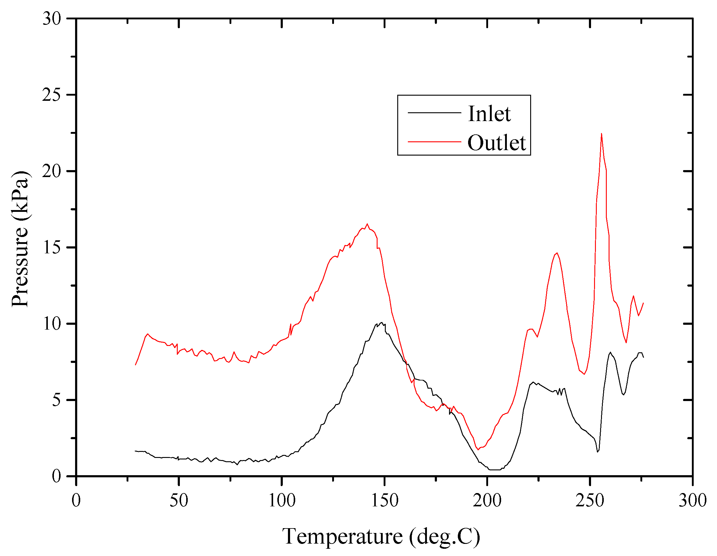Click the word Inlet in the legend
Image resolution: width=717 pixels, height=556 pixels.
(x=489, y=114)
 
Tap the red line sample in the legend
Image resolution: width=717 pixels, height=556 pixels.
(x=434, y=142)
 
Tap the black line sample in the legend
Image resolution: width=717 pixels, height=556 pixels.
(x=434, y=113)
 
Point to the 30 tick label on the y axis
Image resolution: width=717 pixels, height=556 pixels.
(x=52, y=19)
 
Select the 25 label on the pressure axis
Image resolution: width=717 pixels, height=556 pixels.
(x=52, y=95)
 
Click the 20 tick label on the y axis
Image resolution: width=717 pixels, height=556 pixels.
(x=52, y=171)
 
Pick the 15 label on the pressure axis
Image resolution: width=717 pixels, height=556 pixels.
(x=52, y=248)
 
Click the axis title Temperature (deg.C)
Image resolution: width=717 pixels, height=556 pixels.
(x=381, y=536)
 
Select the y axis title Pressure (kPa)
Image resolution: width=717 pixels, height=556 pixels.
(x=20, y=239)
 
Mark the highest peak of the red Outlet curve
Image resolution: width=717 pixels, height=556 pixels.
(x=601, y=133)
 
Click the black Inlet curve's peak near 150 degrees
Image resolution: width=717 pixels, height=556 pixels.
(x=381, y=323)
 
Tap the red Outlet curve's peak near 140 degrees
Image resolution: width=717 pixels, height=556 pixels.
(x=367, y=224)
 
